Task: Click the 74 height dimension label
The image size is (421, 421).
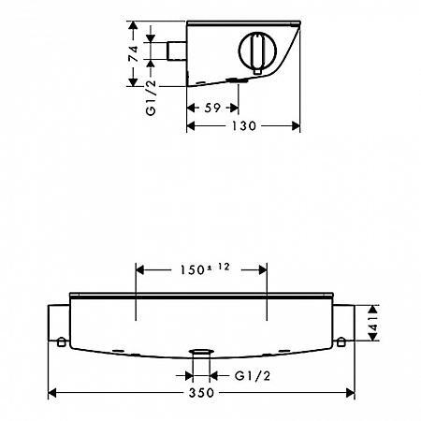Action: (135, 52)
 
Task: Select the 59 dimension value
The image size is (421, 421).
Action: (212, 108)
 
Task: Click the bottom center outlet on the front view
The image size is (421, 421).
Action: (200, 355)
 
